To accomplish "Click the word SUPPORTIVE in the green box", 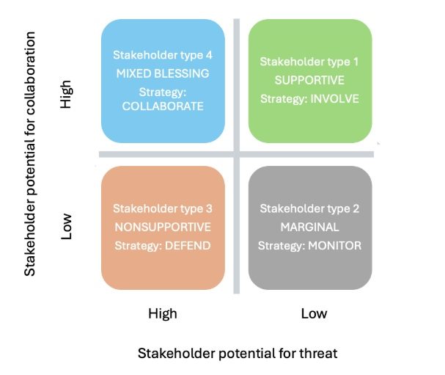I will click(x=309, y=79).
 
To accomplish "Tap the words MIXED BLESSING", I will click(x=163, y=73).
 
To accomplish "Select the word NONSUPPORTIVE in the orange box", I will click(x=163, y=227).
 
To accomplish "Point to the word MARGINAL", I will click(x=309, y=227).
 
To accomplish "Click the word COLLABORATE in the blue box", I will click(x=163, y=106).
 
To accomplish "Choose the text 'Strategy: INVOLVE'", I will click(x=309, y=98).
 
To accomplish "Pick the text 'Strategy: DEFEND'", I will click(x=163, y=245).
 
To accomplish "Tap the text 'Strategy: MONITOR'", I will click(x=309, y=245).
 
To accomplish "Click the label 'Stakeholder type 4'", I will click(x=163, y=55).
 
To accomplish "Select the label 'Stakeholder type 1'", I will click(x=309, y=61).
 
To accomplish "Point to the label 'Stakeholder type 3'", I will click(x=163, y=208).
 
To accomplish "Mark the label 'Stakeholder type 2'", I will click(x=309, y=208).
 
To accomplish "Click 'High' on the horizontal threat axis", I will click(x=163, y=313).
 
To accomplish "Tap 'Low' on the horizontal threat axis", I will click(x=314, y=313).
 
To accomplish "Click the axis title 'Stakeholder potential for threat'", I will click(x=238, y=353).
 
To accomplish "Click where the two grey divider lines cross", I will click(x=236, y=154).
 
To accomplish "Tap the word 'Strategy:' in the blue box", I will click(x=163, y=92).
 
